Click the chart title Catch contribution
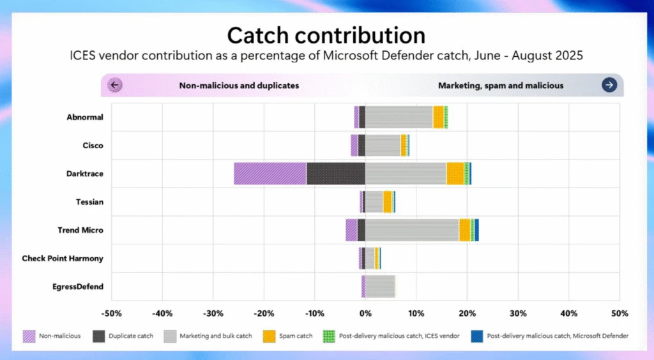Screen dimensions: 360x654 click(x=326, y=34)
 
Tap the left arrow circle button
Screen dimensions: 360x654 click(x=115, y=85)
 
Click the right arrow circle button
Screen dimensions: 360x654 click(x=609, y=85)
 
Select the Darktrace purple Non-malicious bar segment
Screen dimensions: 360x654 click(x=270, y=174)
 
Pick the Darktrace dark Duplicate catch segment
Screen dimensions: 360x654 click(x=336, y=174)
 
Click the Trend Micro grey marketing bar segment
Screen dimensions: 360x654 click(x=412, y=230)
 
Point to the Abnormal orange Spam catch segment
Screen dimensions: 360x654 click(x=438, y=117)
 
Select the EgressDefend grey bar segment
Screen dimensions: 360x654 click(x=380, y=286)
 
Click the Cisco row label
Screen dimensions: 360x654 click(x=93, y=146)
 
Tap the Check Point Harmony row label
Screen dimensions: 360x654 click(x=63, y=259)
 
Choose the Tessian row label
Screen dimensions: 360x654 click(x=89, y=202)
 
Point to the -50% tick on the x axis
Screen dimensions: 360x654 click(x=112, y=313)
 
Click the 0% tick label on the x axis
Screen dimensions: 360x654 click(x=365, y=313)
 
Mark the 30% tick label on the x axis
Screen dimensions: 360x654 click(x=518, y=313)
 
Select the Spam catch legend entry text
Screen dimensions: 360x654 click(x=296, y=336)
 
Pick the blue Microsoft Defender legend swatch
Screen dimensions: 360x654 click(x=476, y=336)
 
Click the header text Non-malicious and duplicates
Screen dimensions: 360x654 click(x=239, y=85)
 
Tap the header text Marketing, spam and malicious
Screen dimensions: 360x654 click(x=501, y=85)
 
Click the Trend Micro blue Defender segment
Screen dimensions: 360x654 click(x=476, y=230)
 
